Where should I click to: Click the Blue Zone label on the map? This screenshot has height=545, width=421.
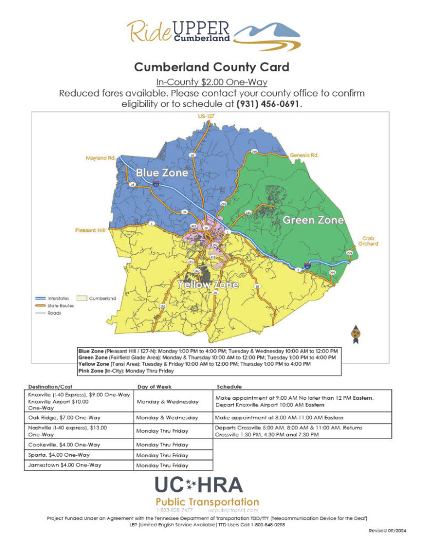click(x=162, y=173)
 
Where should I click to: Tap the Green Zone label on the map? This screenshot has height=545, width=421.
click(x=313, y=220)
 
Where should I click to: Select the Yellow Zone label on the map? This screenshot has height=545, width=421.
click(x=208, y=285)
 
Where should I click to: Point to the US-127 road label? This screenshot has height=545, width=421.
click(x=206, y=117)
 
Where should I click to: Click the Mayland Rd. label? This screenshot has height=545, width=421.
click(x=100, y=158)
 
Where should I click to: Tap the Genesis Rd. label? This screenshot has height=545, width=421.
click(x=304, y=155)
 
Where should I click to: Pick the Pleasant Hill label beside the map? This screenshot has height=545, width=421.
click(x=90, y=230)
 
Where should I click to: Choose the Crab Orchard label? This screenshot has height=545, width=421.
click(x=369, y=241)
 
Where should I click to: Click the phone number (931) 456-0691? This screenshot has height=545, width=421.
click(x=269, y=103)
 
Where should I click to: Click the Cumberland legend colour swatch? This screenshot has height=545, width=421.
click(x=82, y=298)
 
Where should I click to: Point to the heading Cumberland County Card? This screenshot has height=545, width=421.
click(x=211, y=68)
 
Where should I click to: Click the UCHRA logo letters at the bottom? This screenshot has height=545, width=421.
click(x=199, y=485)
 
